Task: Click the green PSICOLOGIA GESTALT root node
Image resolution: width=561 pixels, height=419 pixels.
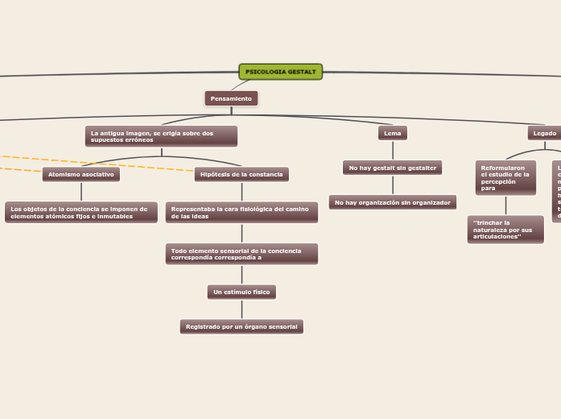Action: click(280, 72)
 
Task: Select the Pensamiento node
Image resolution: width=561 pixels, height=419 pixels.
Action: click(231, 98)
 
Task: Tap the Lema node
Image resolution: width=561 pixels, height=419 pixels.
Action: click(393, 133)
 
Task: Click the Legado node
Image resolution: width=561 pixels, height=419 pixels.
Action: click(545, 133)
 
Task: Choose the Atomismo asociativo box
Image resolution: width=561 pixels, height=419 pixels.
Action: click(81, 174)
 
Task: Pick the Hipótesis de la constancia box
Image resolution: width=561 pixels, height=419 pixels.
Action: click(241, 174)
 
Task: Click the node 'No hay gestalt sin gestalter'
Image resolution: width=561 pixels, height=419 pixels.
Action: click(392, 168)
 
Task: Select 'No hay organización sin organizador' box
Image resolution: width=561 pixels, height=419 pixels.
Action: click(393, 202)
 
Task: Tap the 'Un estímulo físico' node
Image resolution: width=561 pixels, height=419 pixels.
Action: click(241, 292)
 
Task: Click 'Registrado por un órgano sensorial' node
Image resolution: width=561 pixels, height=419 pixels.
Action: click(241, 326)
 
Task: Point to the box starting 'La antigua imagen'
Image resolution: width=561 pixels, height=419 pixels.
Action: click(161, 136)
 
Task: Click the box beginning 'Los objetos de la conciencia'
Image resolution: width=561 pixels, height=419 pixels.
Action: click(80, 212)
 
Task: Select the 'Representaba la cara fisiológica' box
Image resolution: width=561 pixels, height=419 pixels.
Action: click(241, 212)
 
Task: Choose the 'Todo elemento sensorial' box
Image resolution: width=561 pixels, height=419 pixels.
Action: click(241, 254)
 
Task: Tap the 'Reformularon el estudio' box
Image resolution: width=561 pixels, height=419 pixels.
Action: click(505, 177)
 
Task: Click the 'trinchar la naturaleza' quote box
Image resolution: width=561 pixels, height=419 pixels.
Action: click(505, 230)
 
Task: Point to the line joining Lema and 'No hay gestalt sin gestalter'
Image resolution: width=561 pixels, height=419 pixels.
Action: click(393, 151)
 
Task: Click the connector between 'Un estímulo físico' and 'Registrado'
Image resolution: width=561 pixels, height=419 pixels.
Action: click(241, 309)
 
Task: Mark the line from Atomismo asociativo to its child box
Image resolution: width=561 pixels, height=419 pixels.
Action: click(81, 192)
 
